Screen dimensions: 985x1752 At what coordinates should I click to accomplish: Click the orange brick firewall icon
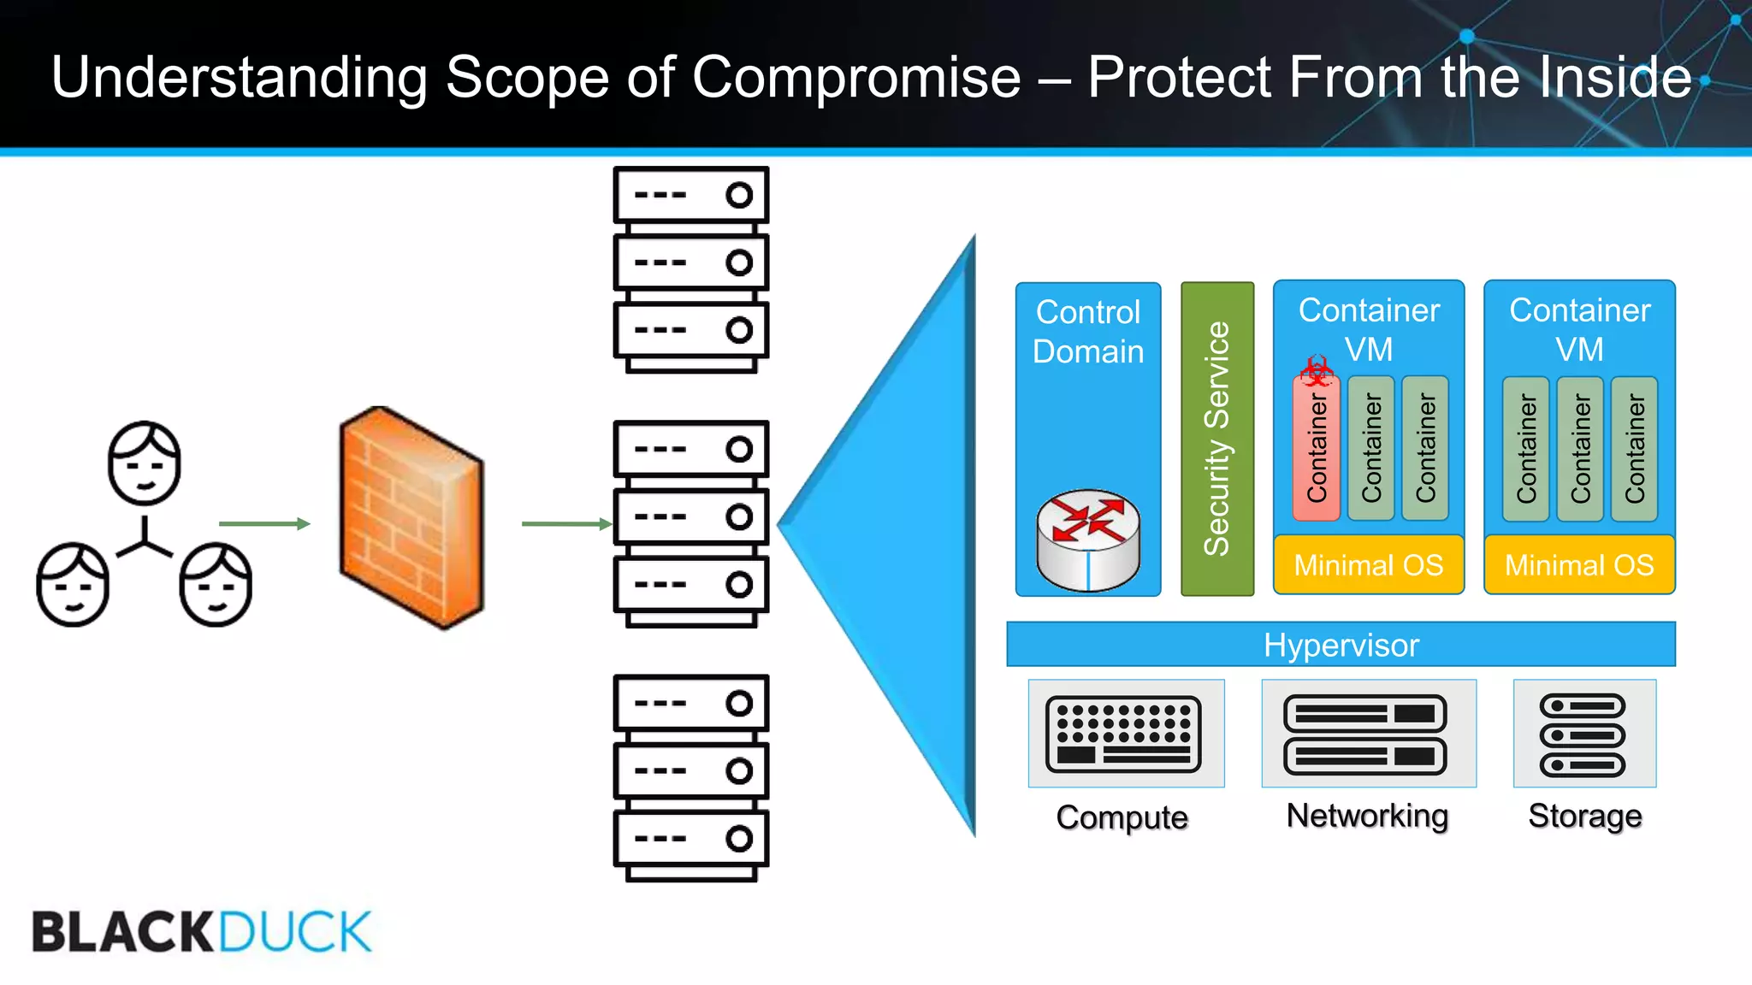[411, 517]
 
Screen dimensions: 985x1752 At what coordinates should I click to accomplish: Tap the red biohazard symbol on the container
[1316, 371]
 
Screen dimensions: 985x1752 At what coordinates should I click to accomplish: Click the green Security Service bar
[1216, 439]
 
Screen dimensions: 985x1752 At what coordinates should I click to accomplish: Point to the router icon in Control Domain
[1087, 540]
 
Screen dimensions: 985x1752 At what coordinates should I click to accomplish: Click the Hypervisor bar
[1341, 645]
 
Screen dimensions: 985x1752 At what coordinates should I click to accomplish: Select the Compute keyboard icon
[1124, 734]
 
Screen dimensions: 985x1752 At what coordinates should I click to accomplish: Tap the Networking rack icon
[1366, 734]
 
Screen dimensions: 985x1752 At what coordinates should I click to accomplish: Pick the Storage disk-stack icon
[1583, 734]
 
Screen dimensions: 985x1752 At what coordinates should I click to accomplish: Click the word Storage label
[1584, 816]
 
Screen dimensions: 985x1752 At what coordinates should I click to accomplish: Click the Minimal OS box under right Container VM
[1579, 565]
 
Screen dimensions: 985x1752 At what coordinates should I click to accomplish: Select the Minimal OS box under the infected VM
[1368, 565]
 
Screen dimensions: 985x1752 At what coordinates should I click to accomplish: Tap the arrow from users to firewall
[263, 523]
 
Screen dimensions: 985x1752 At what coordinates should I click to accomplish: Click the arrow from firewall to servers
[565, 523]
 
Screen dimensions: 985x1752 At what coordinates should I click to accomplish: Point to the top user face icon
[145, 463]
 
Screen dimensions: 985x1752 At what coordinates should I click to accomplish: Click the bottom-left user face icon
[73, 584]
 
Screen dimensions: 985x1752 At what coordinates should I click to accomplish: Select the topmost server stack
[690, 268]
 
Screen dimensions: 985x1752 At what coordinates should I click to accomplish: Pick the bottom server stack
[690, 776]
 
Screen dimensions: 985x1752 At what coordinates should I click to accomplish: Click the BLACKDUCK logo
[202, 931]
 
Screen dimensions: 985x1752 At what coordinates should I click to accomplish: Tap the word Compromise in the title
[856, 78]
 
